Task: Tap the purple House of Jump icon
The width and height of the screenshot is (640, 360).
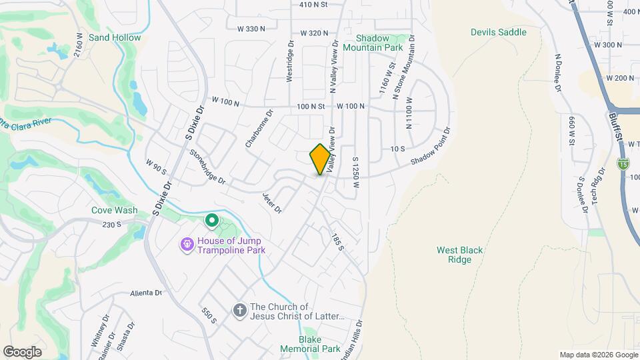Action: point(188,245)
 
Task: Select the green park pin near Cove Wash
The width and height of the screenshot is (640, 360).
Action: point(211,219)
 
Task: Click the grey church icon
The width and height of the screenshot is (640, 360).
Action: point(239,311)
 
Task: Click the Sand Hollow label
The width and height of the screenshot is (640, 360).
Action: point(115,37)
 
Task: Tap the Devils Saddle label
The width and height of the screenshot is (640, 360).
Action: point(498,32)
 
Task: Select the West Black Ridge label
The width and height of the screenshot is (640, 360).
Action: point(460,255)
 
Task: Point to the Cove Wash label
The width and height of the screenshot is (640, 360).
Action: point(115,210)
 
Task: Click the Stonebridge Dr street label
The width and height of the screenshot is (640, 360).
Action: point(207,167)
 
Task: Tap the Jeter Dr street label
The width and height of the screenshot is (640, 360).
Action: point(272,203)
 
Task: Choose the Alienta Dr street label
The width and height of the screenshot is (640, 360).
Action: point(147,293)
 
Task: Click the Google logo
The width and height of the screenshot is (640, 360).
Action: point(23,351)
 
